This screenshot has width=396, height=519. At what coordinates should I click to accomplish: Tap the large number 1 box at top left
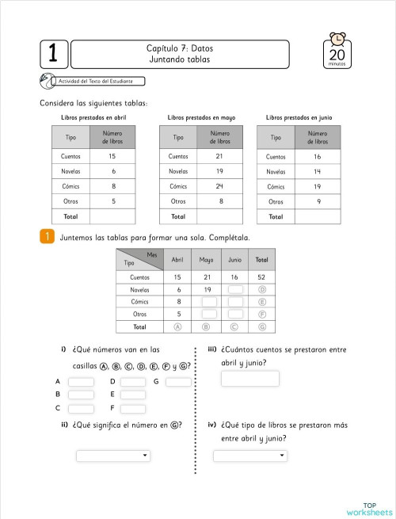[52, 54]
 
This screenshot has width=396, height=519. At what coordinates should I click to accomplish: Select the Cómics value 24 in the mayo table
[219, 186]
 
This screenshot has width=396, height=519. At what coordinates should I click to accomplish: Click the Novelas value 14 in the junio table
[317, 172]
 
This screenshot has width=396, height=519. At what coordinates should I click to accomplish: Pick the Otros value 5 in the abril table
[113, 201]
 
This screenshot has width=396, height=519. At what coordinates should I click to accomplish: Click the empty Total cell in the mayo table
[219, 216]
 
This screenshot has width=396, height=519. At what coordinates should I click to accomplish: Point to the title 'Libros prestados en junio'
[299, 117]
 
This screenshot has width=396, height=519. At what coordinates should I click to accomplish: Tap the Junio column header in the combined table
[234, 260]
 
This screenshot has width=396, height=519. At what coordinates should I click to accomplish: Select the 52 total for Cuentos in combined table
[261, 277]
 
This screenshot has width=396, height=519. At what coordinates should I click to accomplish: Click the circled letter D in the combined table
[261, 289]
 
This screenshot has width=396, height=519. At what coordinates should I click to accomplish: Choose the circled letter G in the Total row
[261, 326]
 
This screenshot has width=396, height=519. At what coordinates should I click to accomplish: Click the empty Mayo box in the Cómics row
[208, 302]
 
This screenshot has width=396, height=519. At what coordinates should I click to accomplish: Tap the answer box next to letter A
[81, 382]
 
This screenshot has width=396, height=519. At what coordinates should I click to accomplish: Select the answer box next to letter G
[178, 382]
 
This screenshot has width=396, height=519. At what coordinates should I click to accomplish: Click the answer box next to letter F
[134, 409]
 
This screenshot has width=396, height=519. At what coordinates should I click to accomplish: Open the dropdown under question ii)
[112, 456]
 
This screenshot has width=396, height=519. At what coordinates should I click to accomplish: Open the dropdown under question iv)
[250, 456]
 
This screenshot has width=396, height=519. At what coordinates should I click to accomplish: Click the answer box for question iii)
[250, 378]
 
